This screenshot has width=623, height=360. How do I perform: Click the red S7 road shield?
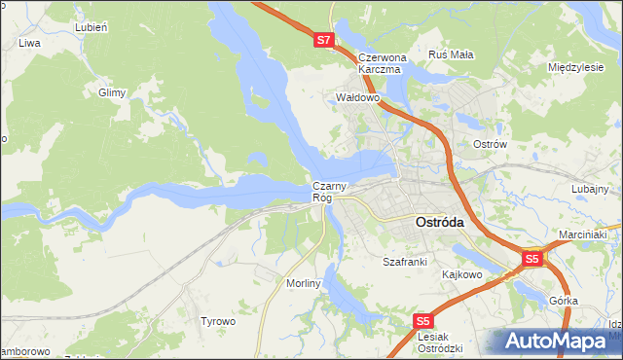point(324,41)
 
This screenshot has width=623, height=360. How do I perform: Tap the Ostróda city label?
point(439,222)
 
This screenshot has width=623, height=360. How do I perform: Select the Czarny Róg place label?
point(324,192)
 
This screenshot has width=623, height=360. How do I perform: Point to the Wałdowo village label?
point(356,98)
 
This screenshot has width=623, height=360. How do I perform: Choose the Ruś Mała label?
point(451,54)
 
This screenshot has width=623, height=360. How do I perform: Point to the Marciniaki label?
point(583,235)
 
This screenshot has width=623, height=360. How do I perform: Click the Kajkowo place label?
point(462,274)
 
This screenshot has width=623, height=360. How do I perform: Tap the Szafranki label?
point(405,263)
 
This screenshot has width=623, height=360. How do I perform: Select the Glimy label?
point(113,92)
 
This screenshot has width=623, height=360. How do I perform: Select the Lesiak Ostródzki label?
point(439,342)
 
